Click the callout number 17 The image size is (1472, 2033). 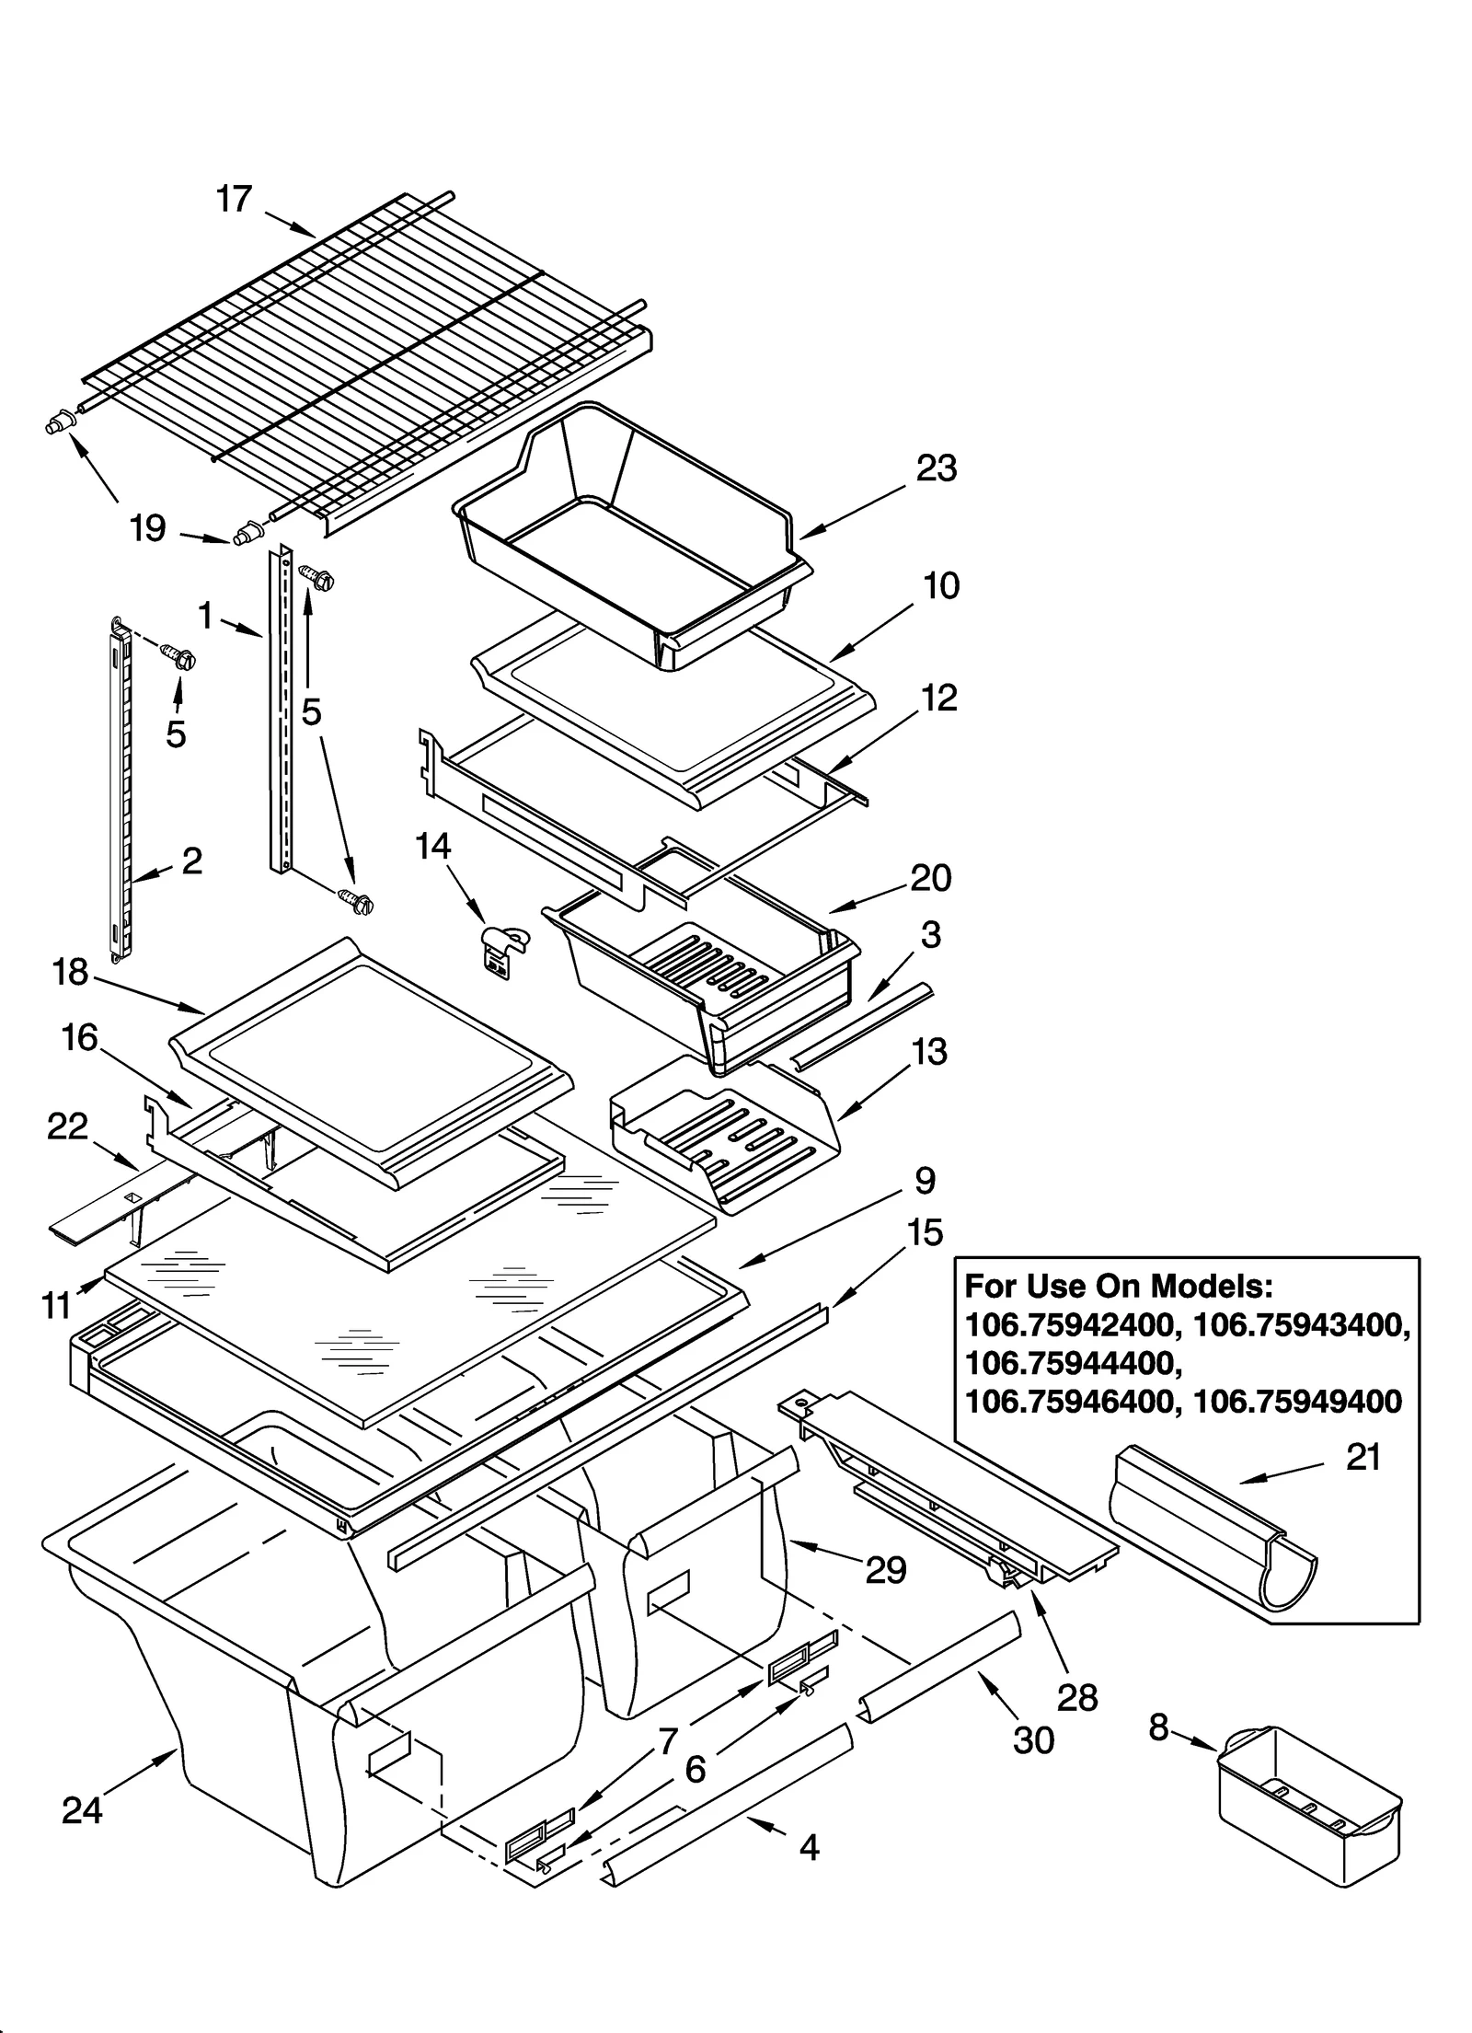234,199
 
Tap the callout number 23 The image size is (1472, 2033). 937,468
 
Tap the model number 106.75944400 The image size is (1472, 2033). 1070,1362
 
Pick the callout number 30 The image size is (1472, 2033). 1033,1740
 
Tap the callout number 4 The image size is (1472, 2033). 809,1847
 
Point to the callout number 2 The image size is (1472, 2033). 191,861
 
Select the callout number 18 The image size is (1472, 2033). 70,972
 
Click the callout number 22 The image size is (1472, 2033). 67,1126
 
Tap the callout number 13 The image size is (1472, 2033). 928,1051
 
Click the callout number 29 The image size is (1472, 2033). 886,1570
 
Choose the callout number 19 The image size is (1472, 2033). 147,528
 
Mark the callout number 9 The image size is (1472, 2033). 925,1180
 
